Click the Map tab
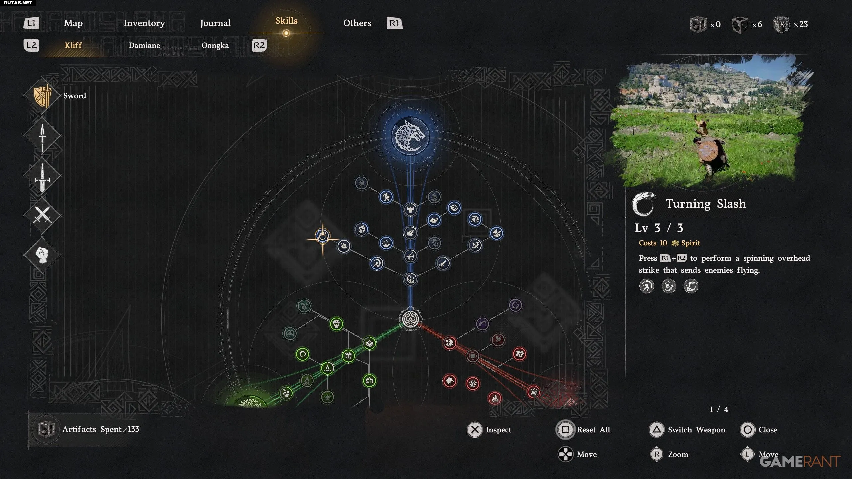pyautogui.click(x=73, y=23)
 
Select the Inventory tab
pyautogui.click(x=144, y=23)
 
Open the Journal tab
pyautogui.click(x=215, y=23)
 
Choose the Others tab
pyautogui.click(x=357, y=23)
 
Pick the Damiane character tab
pyautogui.click(x=144, y=45)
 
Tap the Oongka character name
pyautogui.click(x=215, y=45)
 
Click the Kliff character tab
pyautogui.click(x=73, y=45)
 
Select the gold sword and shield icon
pyautogui.click(x=43, y=96)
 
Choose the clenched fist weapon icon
pyautogui.click(x=42, y=255)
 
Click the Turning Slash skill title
pyautogui.click(x=706, y=204)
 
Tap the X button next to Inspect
pyautogui.click(x=475, y=430)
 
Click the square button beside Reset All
pyautogui.click(x=565, y=430)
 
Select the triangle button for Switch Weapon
pyautogui.click(x=657, y=430)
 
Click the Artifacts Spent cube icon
pyautogui.click(x=46, y=429)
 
